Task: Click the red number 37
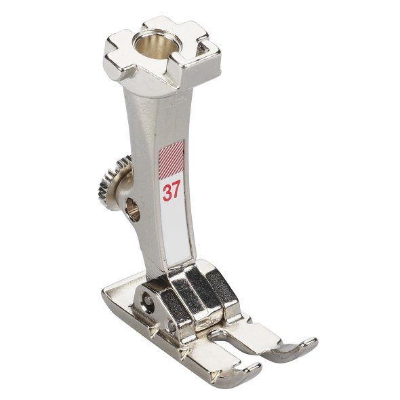[172, 191]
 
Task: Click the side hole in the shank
[134, 209]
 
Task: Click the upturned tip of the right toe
[311, 342]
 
